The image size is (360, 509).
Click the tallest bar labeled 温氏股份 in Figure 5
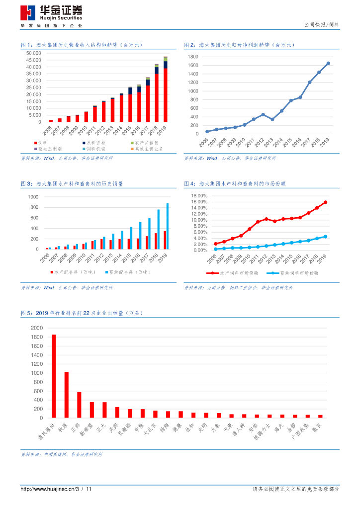(54, 376)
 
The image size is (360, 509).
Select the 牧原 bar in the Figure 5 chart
(66, 395)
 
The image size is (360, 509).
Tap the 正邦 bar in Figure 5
(79, 405)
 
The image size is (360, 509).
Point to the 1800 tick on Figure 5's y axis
(37, 337)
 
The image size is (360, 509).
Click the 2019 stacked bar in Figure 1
(166, 89)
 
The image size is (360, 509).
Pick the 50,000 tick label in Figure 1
(34, 53)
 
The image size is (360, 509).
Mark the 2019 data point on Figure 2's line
(328, 63)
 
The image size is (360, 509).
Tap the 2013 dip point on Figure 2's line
(272, 119)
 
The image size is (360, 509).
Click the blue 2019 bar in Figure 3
(167, 226)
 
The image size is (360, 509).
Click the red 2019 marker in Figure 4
(326, 202)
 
